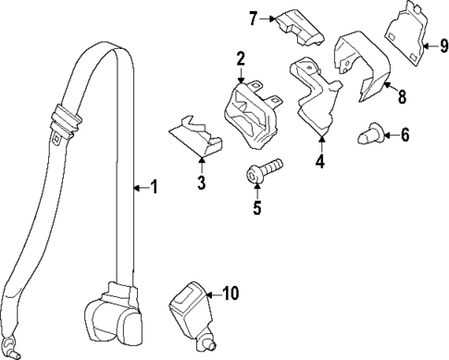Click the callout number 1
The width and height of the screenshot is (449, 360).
tap(154, 188)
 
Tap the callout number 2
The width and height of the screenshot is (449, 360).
tap(240, 60)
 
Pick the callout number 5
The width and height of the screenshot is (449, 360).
tap(257, 207)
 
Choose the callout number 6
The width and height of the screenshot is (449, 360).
tap(404, 135)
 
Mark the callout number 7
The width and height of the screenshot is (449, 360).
tap(252, 17)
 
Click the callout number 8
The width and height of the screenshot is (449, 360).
tap(401, 95)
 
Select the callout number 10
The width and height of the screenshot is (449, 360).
tap(231, 294)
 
